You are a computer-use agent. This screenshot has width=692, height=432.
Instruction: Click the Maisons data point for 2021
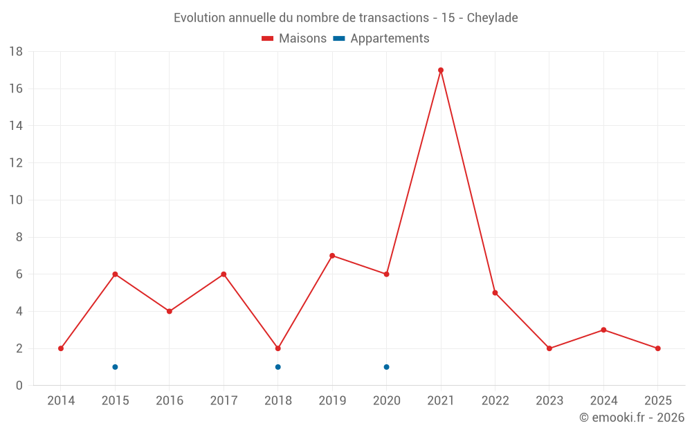click(441, 70)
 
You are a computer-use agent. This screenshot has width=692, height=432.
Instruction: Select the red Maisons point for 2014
click(61, 348)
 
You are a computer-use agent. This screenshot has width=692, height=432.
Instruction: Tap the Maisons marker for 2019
click(332, 256)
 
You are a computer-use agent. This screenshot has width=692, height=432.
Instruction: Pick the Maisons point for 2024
click(603, 330)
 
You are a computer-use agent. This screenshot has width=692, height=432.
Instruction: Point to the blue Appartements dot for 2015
click(115, 367)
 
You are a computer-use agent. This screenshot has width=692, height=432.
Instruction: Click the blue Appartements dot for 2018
click(277, 367)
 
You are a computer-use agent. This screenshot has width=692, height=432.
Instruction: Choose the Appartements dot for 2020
click(386, 367)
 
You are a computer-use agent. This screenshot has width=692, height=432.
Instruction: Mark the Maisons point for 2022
click(495, 292)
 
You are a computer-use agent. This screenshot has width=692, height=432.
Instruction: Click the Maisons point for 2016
click(169, 311)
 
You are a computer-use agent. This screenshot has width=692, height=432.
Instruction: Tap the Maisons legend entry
click(294, 39)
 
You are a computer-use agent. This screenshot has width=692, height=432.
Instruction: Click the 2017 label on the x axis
click(224, 401)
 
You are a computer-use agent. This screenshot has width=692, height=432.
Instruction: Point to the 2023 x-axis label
click(549, 401)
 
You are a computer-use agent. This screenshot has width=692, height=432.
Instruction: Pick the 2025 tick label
click(657, 401)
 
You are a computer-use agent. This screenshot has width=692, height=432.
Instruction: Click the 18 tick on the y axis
click(15, 52)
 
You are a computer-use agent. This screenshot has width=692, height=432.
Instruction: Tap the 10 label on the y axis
click(15, 200)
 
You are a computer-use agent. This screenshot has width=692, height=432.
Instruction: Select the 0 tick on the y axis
click(19, 386)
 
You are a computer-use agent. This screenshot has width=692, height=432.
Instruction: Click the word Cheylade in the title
click(492, 18)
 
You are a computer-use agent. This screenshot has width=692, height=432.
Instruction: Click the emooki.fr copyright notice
click(632, 417)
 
